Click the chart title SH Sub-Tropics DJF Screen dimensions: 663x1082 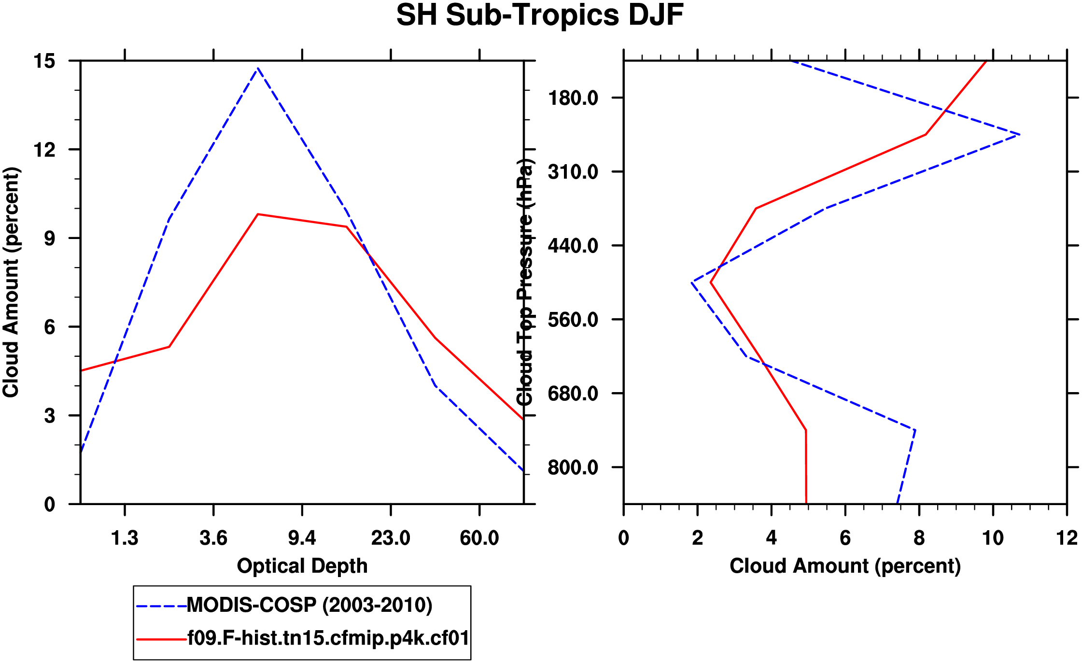540,15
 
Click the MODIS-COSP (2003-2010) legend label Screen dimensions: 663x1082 309,605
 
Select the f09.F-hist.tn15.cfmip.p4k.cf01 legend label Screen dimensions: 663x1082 328,638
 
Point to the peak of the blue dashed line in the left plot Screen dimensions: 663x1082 258,69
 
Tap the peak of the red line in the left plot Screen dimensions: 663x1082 258,214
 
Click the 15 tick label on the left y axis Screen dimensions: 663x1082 44,61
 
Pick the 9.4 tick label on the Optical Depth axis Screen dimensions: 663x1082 302,538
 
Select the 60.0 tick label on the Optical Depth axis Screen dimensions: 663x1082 479,538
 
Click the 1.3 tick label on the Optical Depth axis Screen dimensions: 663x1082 125,538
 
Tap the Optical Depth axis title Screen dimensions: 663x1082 302,566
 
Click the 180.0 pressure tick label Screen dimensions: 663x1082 573,98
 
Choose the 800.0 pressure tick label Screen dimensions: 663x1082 573,467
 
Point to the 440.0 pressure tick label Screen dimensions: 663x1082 573,246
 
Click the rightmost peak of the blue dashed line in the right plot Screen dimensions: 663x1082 1019,135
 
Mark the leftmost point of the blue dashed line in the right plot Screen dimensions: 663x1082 692,282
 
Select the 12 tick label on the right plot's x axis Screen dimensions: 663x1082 1067,538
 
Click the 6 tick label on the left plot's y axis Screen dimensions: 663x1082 50,327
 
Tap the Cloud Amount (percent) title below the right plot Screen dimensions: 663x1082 845,566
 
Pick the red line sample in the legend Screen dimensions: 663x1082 161,639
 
